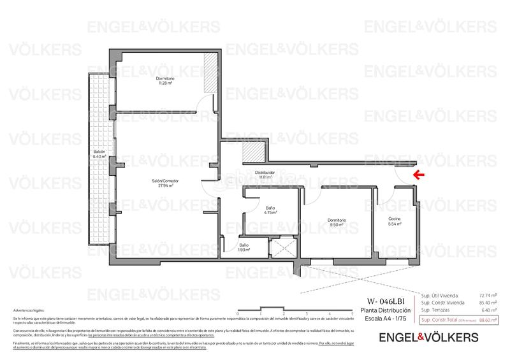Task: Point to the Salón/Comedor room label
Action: click(164, 184)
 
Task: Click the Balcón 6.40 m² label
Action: click(98, 154)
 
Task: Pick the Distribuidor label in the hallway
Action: click(265, 175)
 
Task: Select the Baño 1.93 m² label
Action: click(244, 247)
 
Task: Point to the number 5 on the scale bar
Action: click(334, 314)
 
